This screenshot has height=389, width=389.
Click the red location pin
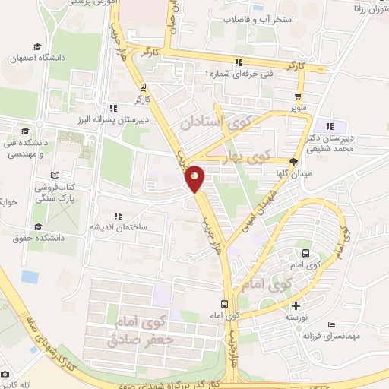(194, 177)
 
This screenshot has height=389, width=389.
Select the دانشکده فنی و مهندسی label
(27, 147)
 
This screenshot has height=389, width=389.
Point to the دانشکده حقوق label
(39, 237)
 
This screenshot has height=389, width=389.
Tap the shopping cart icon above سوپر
(298, 96)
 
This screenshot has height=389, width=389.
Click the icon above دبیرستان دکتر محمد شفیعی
(330, 126)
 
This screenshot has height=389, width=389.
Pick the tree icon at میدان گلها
(294, 161)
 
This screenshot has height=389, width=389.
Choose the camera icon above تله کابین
(5, 375)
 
